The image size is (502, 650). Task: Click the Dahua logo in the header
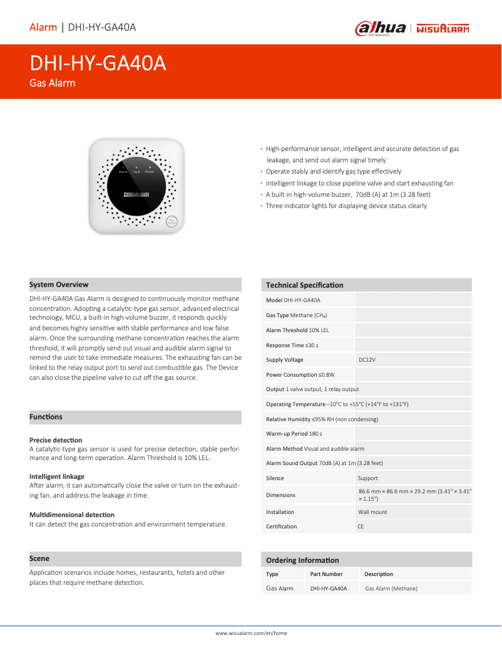coord(381,28)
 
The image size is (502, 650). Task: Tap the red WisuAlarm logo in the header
coord(443,28)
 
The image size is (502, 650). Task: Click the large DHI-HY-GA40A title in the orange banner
coord(98,63)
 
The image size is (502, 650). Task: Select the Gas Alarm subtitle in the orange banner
coord(53,83)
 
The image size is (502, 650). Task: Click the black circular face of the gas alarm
coord(136,184)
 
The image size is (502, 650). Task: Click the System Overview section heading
coord(59,285)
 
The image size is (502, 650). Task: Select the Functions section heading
coord(46,417)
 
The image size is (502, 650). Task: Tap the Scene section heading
coord(39,558)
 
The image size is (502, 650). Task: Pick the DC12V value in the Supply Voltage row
coord(367,360)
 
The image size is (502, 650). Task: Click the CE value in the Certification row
coord(361,527)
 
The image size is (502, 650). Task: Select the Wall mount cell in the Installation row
coord(372,512)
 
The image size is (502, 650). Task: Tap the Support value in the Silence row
coord(368,478)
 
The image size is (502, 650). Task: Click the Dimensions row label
coord(280,495)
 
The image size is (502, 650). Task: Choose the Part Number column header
coord(326,574)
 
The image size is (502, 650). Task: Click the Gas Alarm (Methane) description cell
coord(391,589)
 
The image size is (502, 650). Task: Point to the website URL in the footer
coord(251,633)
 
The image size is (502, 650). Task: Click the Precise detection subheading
coord(56,440)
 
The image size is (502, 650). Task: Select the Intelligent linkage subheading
coord(57,477)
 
